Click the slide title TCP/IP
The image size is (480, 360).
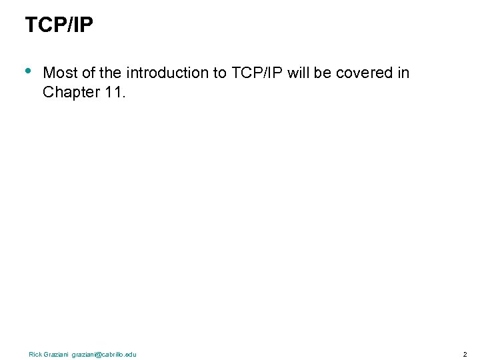coord(59,25)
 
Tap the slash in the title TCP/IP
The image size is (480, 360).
coord(71,25)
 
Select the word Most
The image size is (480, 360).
coord(58,73)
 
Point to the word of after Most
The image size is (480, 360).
coord(84,73)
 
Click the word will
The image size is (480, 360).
coord(297,73)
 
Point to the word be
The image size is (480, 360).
coord(322,73)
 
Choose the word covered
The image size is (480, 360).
coord(363,73)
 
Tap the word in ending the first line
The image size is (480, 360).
coord(403,73)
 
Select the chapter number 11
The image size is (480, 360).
coord(114,92)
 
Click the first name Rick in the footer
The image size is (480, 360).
coord(35,354)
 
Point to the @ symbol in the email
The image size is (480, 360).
coord(98,354)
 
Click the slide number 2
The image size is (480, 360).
coord(465,354)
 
